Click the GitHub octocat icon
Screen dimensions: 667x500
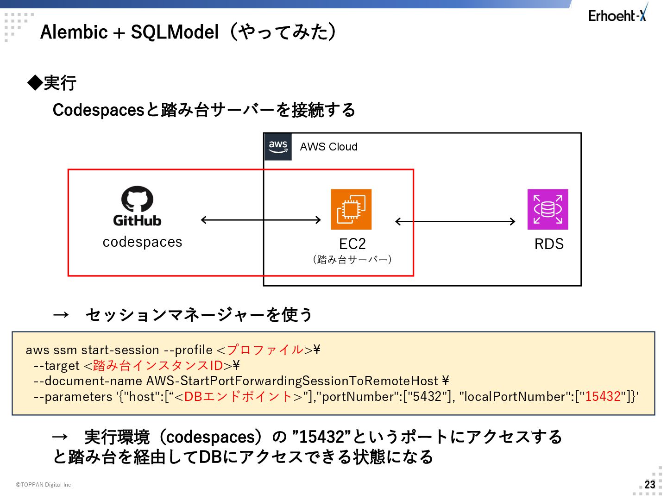pos(138,199)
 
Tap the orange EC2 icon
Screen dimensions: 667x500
pos(351,209)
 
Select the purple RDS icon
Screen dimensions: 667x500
pos(547,209)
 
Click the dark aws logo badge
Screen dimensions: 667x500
pos(278,147)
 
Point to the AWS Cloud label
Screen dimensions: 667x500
pos(328,147)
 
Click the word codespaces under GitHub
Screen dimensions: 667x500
pos(142,242)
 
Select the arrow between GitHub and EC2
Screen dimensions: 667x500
pos(261,220)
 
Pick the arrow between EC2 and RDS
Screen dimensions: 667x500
pos(455,221)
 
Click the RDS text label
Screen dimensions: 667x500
pos(549,244)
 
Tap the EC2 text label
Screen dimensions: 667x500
pos(352,244)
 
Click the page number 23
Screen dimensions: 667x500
pos(650,485)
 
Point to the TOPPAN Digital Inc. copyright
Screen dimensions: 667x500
pos(44,485)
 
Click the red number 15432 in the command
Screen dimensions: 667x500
pos(603,396)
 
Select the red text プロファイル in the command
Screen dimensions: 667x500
pos(265,350)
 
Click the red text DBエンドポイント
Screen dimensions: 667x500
pos(238,396)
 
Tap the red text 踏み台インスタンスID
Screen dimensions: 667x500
pos(158,365)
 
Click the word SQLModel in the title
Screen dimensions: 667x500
pos(175,32)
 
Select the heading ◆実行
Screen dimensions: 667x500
pos(52,83)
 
